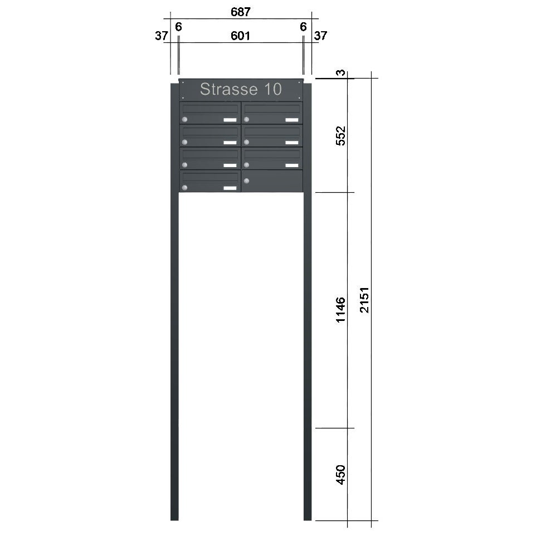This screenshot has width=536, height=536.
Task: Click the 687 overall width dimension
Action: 241,12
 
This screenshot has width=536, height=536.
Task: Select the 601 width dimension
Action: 240,36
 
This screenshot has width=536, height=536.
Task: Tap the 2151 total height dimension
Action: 364,300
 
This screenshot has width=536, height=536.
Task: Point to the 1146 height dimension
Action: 340,310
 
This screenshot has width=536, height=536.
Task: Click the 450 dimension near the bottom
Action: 340,475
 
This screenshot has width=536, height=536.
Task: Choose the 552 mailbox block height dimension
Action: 340,136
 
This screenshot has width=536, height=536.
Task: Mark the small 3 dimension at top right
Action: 340,73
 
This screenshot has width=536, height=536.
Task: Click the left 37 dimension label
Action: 162,36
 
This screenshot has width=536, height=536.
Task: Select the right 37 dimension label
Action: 320,36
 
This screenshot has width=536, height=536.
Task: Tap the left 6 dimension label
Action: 178,27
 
